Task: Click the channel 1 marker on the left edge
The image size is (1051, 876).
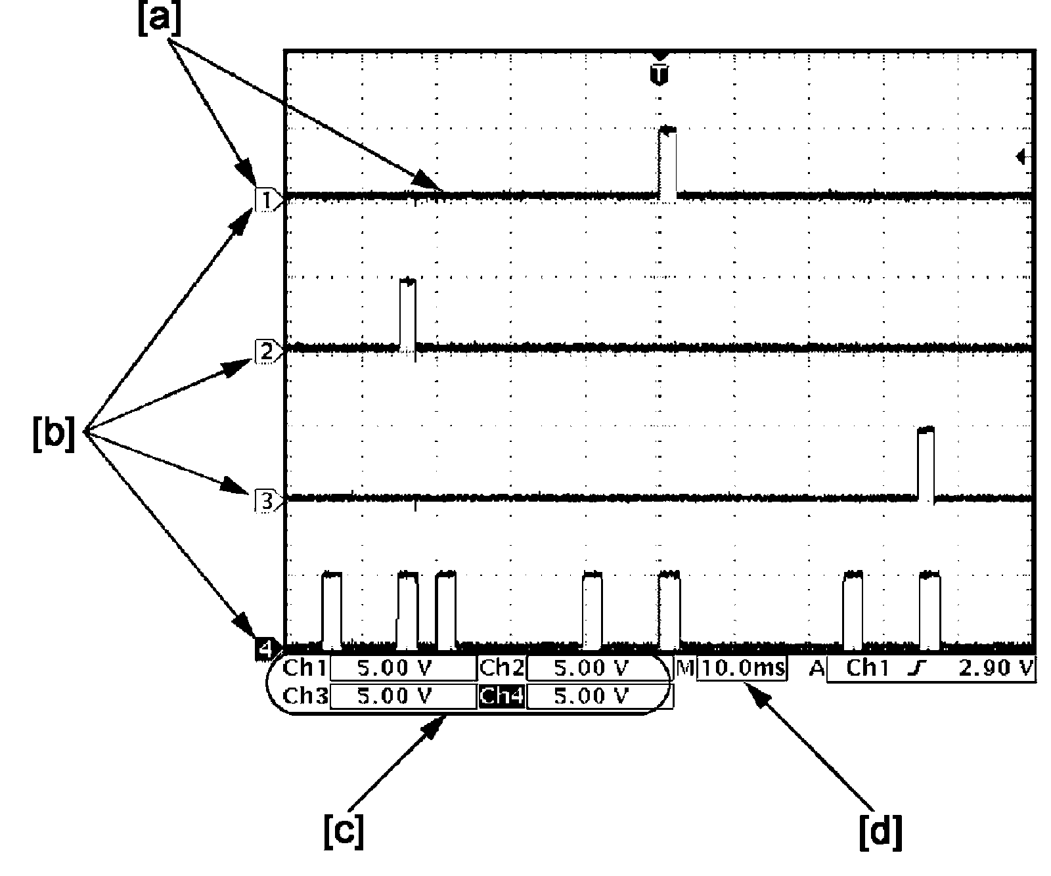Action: pyautogui.click(x=267, y=199)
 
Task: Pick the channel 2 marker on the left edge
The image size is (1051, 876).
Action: pyautogui.click(x=267, y=351)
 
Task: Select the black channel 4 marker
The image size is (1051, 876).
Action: pyautogui.click(x=265, y=649)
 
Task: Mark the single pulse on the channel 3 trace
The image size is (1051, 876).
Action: pyautogui.click(x=926, y=464)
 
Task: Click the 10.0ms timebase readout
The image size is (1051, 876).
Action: pyautogui.click(x=742, y=668)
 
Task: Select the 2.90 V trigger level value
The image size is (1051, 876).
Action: pyautogui.click(x=996, y=668)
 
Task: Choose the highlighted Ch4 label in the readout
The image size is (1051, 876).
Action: pyautogui.click(x=502, y=695)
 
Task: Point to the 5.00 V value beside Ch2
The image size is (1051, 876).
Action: pyautogui.click(x=591, y=668)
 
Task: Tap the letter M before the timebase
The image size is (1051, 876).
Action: pyautogui.click(x=685, y=668)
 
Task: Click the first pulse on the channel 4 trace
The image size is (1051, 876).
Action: pyautogui.click(x=332, y=609)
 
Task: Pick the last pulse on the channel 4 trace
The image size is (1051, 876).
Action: pyautogui.click(x=929, y=609)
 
